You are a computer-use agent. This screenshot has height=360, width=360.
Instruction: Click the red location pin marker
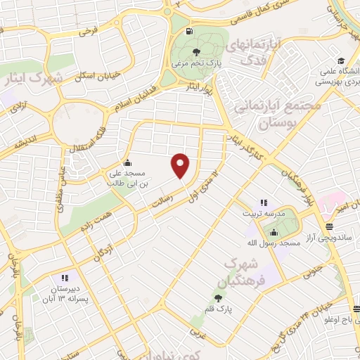click(181, 166)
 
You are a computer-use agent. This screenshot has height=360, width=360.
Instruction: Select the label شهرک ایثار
click(37, 78)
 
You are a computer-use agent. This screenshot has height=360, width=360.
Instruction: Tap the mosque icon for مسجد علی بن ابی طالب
click(127, 161)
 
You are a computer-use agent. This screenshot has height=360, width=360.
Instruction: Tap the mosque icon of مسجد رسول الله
click(274, 233)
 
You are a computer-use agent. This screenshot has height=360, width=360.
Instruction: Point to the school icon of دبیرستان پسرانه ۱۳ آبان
click(64, 278)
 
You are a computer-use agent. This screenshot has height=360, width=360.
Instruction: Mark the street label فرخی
click(88, 31)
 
